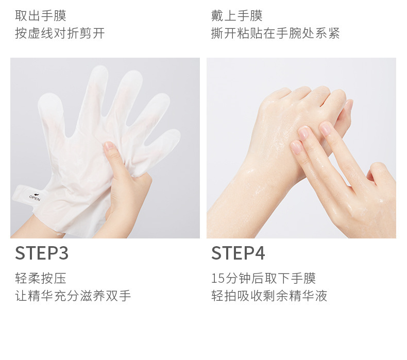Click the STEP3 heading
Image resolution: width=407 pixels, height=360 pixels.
(42, 253)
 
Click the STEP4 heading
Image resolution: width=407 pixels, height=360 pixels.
(238, 253)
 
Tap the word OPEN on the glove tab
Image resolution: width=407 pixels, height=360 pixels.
(35, 199)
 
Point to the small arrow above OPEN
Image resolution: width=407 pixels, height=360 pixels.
(37, 194)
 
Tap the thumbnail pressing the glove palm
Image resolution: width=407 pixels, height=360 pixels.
(109, 146)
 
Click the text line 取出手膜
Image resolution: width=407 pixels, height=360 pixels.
(41, 15)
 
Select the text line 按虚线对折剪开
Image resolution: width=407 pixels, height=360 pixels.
(60, 33)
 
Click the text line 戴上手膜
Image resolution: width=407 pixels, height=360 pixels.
(236, 15)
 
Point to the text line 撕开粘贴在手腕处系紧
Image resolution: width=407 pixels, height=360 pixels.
(276, 33)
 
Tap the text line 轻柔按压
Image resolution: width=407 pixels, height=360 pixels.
(41, 278)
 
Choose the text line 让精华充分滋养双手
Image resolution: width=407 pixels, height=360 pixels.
(73, 296)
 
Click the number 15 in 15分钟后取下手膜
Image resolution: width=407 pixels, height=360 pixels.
(218, 279)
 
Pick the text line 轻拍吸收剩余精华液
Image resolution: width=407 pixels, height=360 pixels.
(269, 296)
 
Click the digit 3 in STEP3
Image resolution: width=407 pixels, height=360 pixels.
(63, 253)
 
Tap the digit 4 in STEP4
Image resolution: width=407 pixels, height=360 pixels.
(259, 253)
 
